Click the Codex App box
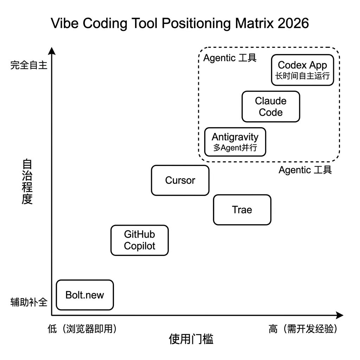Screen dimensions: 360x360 [302, 70]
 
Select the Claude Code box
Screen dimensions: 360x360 [271, 107]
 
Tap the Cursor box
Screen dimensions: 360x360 [180, 180]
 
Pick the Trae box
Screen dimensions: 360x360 [242, 210]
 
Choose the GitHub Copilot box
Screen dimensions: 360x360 [140, 240]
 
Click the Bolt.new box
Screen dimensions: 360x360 [85, 295]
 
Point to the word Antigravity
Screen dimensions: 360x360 [235, 137]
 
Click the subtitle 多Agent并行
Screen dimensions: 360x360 [235, 148]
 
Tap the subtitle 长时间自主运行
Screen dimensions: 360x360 [302, 76]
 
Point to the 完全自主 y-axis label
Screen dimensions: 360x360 [28, 65]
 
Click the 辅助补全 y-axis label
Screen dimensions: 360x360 [28, 302]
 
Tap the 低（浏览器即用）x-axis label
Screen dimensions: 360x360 [82, 329]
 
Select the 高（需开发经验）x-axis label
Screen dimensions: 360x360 [303, 329]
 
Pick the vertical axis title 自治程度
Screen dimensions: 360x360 [27, 182]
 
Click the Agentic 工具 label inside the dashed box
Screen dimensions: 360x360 [230, 58]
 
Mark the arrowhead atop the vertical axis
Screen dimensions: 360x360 [52, 51]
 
